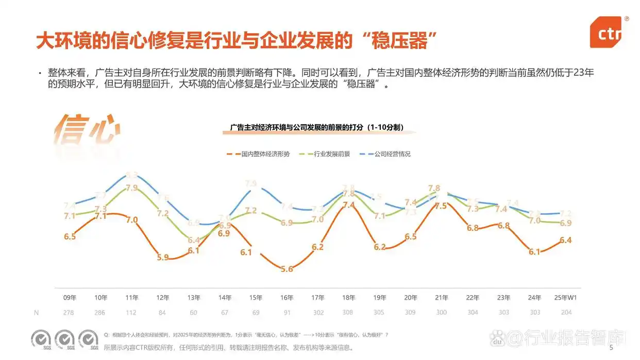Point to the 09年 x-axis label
(x=70, y=298)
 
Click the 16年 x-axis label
(x=287, y=298)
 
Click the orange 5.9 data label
(x=162, y=258)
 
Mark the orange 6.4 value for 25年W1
(x=565, y=240)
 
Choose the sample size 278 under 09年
(x=70, y=312)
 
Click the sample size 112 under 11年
(x=131, y=312)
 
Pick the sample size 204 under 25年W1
(x=565, y=312)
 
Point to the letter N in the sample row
(x=36, y=312)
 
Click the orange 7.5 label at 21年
(x=441, y=205)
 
